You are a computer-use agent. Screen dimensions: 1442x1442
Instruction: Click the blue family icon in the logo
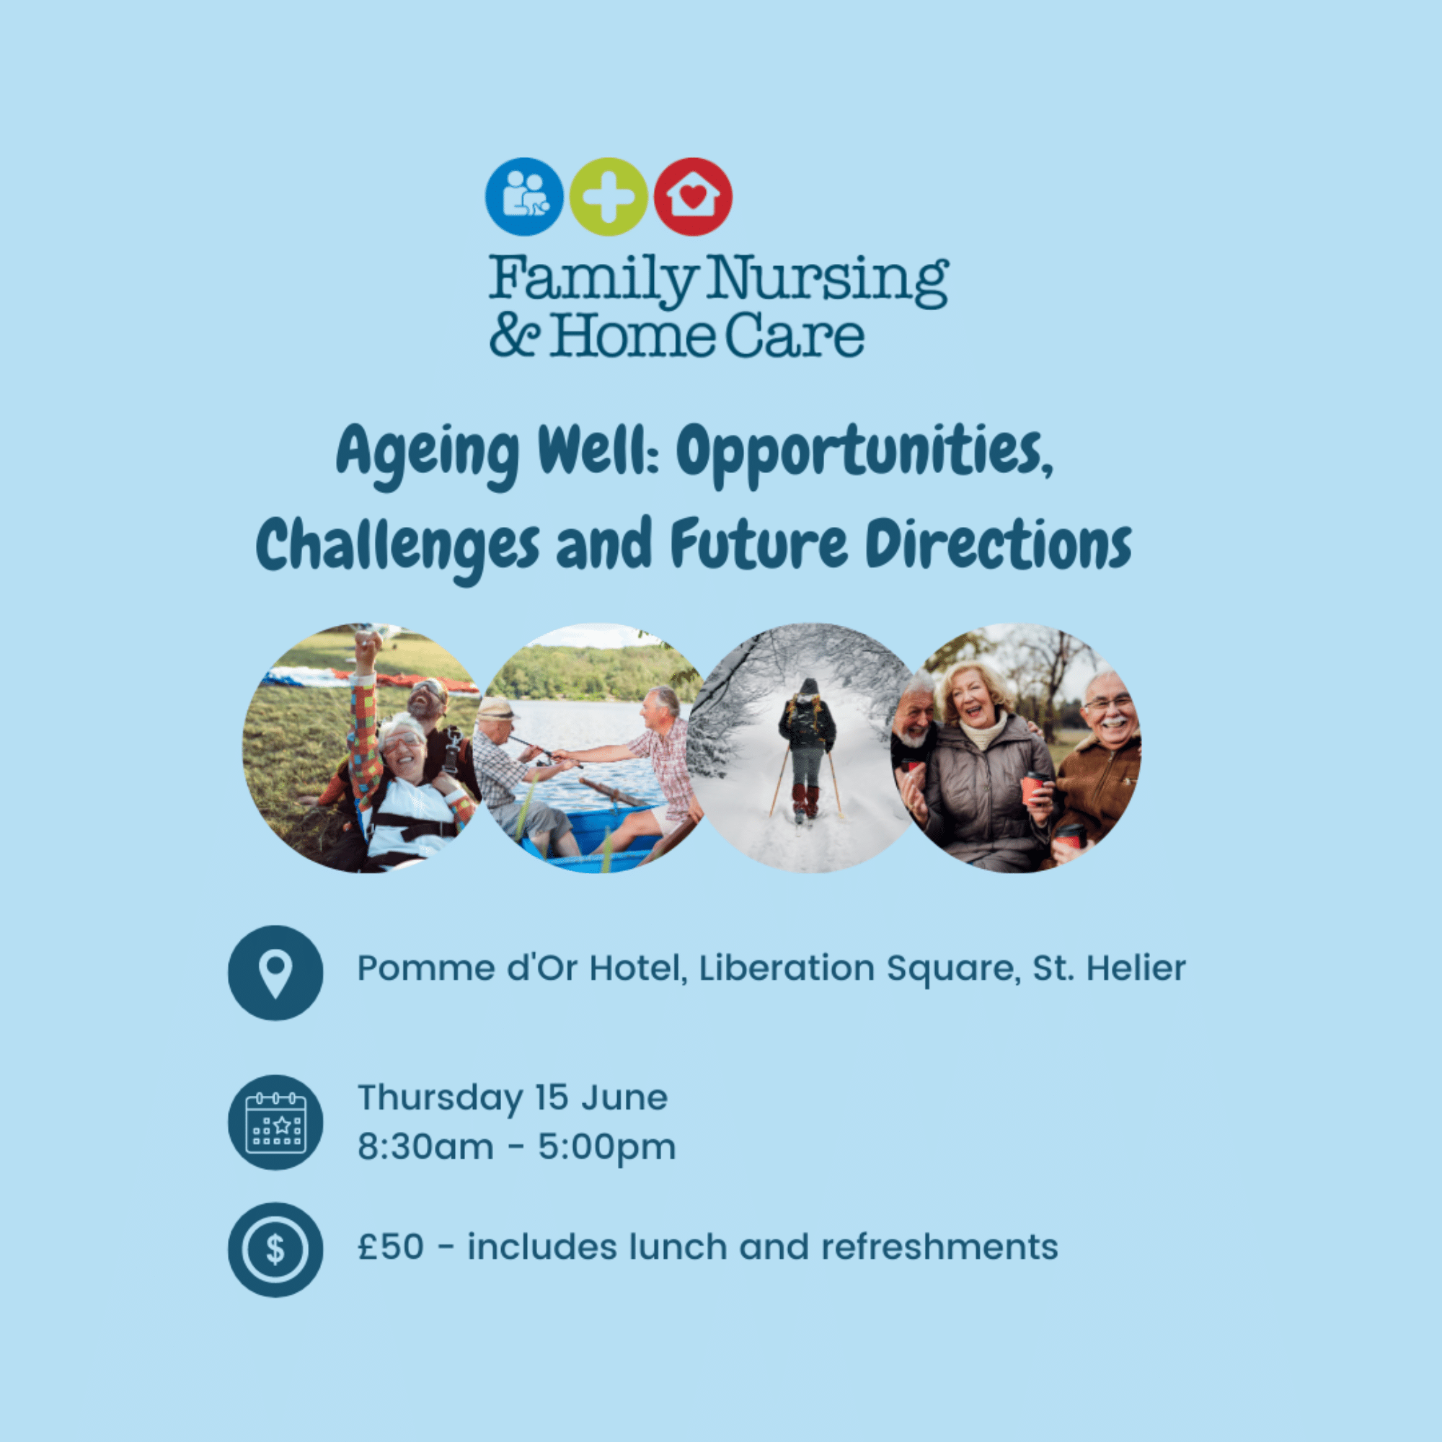(524, 196)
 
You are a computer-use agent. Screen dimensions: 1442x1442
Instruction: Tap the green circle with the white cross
(609, 196)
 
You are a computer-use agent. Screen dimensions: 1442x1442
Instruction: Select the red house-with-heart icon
(693, 196)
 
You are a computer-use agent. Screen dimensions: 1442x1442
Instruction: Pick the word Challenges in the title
(397, 547)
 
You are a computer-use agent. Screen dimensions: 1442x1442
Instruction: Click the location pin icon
(275, 973)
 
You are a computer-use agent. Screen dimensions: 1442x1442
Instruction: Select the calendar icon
(275, 1122)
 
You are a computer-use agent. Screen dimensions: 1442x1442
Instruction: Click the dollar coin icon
(275, 1249)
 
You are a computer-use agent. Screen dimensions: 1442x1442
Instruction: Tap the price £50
(390, 1247)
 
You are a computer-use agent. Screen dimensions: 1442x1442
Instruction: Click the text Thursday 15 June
(513, 1097)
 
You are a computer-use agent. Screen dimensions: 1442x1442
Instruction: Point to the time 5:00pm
(607, 1148)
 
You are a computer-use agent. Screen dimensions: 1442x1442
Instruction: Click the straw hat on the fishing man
(496, 707)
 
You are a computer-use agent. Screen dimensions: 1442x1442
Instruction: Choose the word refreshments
(939, 1247)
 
